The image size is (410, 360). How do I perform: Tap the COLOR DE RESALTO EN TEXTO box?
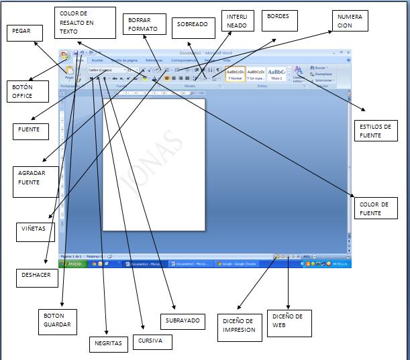[x=85, y=23]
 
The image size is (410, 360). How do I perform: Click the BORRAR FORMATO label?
[x=144, y=25]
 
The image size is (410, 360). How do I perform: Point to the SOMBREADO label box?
[x=192, y=25]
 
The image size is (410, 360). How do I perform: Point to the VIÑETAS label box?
[x=34, y=228]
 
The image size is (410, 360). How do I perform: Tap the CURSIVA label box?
[x=151, y=340]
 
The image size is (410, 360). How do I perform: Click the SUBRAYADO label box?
[x=182, y=320]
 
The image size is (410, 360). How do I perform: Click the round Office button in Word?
[x=64, y=56]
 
